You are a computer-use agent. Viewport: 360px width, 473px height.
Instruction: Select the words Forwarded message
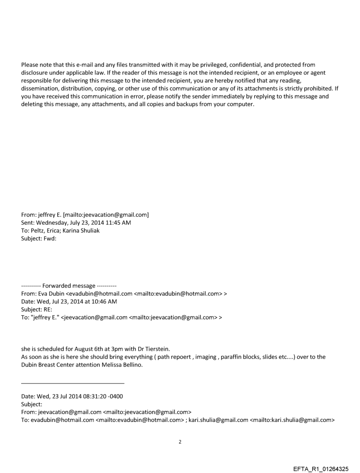[x=69, y=286]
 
